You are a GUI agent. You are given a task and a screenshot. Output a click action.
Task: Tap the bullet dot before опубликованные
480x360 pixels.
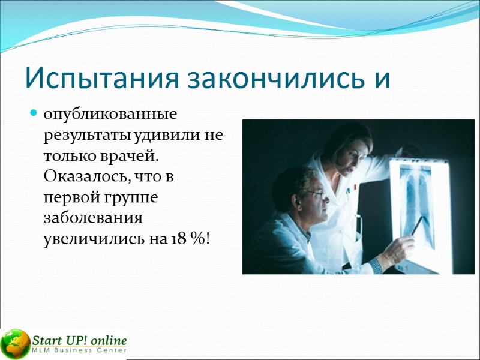pos(34,113)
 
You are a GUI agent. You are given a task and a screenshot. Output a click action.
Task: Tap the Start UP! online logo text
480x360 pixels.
pos(79,338)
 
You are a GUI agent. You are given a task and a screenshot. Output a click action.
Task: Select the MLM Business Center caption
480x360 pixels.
pos(79,350)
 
